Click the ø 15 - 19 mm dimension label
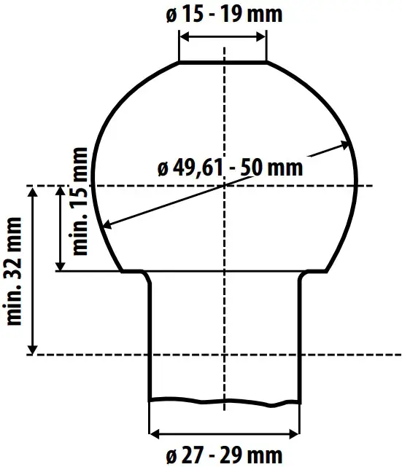(x=223, y=15)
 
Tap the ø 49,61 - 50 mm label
(x=229, y=168)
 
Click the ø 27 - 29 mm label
(x=223, y=456)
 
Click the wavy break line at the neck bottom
(x=225, y=400)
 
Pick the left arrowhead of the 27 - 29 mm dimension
(x=152, y=435)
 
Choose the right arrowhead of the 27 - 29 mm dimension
(x=298, y=435)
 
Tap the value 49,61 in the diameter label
(x=201, y=168)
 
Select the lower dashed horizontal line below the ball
(x=219, y=355)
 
